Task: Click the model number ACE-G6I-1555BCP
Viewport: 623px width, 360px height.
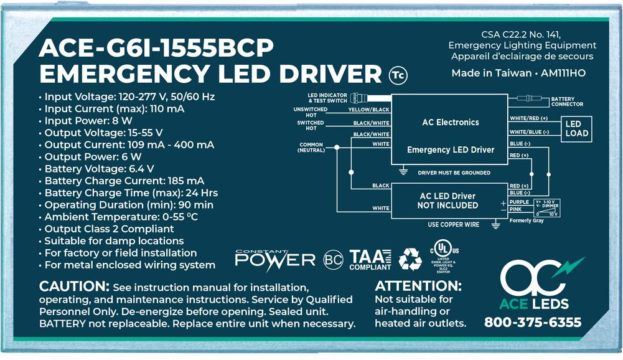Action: click(x=156, y=49)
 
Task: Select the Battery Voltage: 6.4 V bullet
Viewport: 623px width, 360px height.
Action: click(x=100, y=169)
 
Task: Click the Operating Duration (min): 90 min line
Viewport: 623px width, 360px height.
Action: click(x=129, y=205)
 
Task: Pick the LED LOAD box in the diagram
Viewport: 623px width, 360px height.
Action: click(x=576, y=129)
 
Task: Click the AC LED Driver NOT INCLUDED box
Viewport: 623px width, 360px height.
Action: click(x=448, y=201)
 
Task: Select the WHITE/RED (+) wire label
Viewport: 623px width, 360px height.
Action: click(x=528, y=118)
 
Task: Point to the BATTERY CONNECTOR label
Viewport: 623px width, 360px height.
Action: click(x=567, y=102)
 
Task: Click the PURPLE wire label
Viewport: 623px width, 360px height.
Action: click(x=519, y=202)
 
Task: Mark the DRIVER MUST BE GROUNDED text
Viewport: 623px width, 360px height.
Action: click(x=454, y=173)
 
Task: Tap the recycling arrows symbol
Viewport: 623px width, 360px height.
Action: click(x=410, y=258)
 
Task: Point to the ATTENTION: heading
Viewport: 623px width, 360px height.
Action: click(x=418, y=287)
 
